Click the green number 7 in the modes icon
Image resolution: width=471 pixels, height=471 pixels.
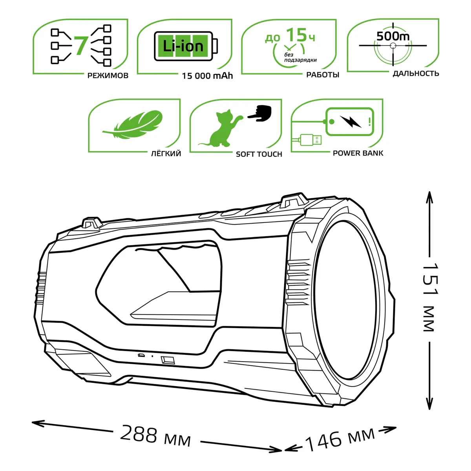(80, 46)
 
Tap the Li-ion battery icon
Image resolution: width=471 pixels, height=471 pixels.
(186, 46)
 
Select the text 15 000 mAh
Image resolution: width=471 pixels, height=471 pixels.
(207, 76)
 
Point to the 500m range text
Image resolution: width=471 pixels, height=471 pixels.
(393, 37)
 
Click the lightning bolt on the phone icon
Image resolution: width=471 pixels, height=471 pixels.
(351, 121)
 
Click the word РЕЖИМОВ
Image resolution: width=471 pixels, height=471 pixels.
(108, 75)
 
